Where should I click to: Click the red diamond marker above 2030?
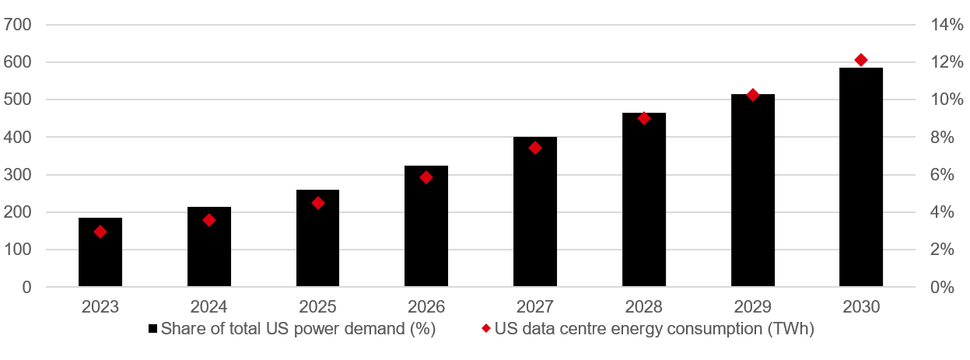pos(861,60)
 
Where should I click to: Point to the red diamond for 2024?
pos(208,220)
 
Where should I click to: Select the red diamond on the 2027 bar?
pos(534,148)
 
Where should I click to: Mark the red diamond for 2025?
pos(317,203)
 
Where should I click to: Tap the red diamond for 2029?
pos(752,95)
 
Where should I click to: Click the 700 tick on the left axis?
pos(17,25)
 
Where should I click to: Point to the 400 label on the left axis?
pos(17,138)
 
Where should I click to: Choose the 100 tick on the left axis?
pos(17,250)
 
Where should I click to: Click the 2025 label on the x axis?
pos(317,307)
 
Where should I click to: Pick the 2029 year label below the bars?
pos(752,307)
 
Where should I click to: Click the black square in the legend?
pos(152,330)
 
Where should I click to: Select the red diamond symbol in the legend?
pos(486,330)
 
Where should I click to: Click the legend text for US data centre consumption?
pos(654,330)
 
